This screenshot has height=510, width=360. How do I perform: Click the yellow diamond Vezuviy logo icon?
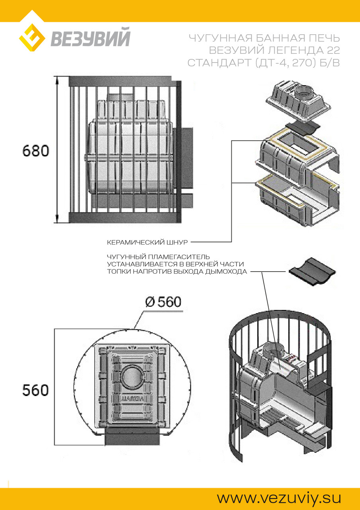(32, 37)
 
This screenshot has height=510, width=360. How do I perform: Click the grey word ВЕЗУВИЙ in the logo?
(90, 37)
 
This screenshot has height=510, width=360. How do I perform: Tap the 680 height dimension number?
(36, 151)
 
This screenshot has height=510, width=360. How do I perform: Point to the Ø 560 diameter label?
(163, 302)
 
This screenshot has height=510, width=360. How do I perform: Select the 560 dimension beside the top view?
(35, 390)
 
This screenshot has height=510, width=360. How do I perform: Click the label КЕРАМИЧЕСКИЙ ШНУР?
(147, 242)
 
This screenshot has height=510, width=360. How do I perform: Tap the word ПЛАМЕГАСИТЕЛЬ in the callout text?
(179, 257)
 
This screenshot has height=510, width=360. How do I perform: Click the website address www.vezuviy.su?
(279, 498)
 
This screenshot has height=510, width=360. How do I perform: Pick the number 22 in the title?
(333, 50)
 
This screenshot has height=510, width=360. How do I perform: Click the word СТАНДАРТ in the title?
(219, 63)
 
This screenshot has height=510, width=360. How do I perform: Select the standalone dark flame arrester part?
(312, 272)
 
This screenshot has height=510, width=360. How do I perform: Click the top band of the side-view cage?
(120, 81)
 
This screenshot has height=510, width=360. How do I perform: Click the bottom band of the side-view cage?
(123, 217)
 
